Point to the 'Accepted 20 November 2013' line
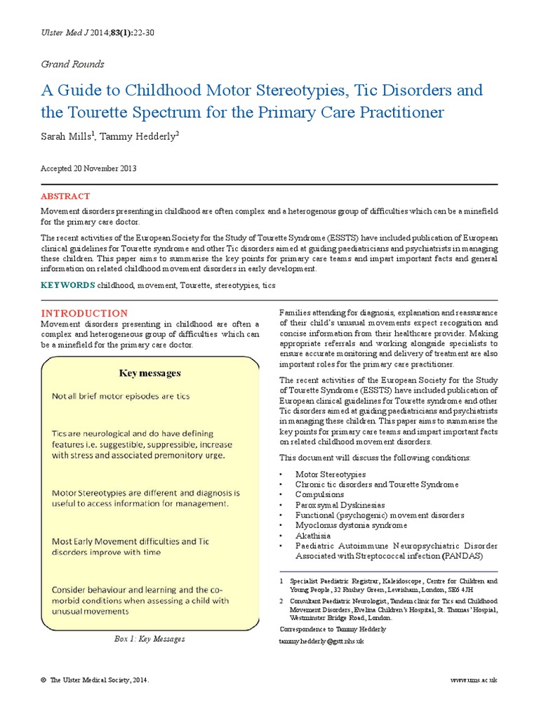[x=88, y=169]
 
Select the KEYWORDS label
[x=67, y=285]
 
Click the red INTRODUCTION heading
[x=84, y=312]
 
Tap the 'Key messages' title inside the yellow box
[x=149, y=373]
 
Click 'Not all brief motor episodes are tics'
[x=121, y=396]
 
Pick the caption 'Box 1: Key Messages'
[x=149, y=639]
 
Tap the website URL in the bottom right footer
[x=473, y=681]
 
